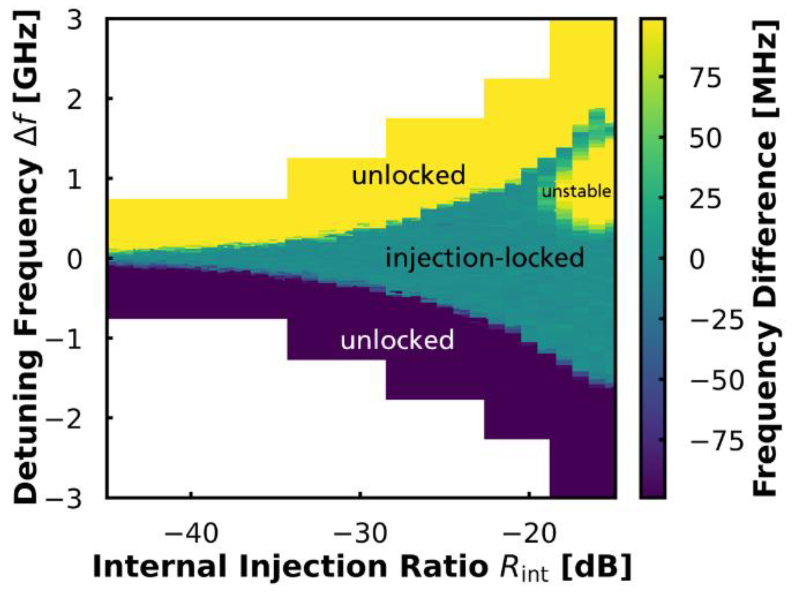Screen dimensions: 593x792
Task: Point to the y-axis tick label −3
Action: click(63, 499)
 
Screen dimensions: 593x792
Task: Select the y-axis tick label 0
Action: click(75, 259)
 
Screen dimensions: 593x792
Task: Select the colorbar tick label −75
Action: click(716, 441)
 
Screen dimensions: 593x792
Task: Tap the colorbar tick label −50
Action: click(716, 380)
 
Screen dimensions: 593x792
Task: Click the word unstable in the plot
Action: click(577, 192)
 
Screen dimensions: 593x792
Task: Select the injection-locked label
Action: click(485, 258)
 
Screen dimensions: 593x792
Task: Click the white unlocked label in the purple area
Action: click(397, 340)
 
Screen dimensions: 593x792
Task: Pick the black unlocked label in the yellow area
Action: click(408, 175)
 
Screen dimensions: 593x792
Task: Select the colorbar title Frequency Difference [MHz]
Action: click(764, 258)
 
